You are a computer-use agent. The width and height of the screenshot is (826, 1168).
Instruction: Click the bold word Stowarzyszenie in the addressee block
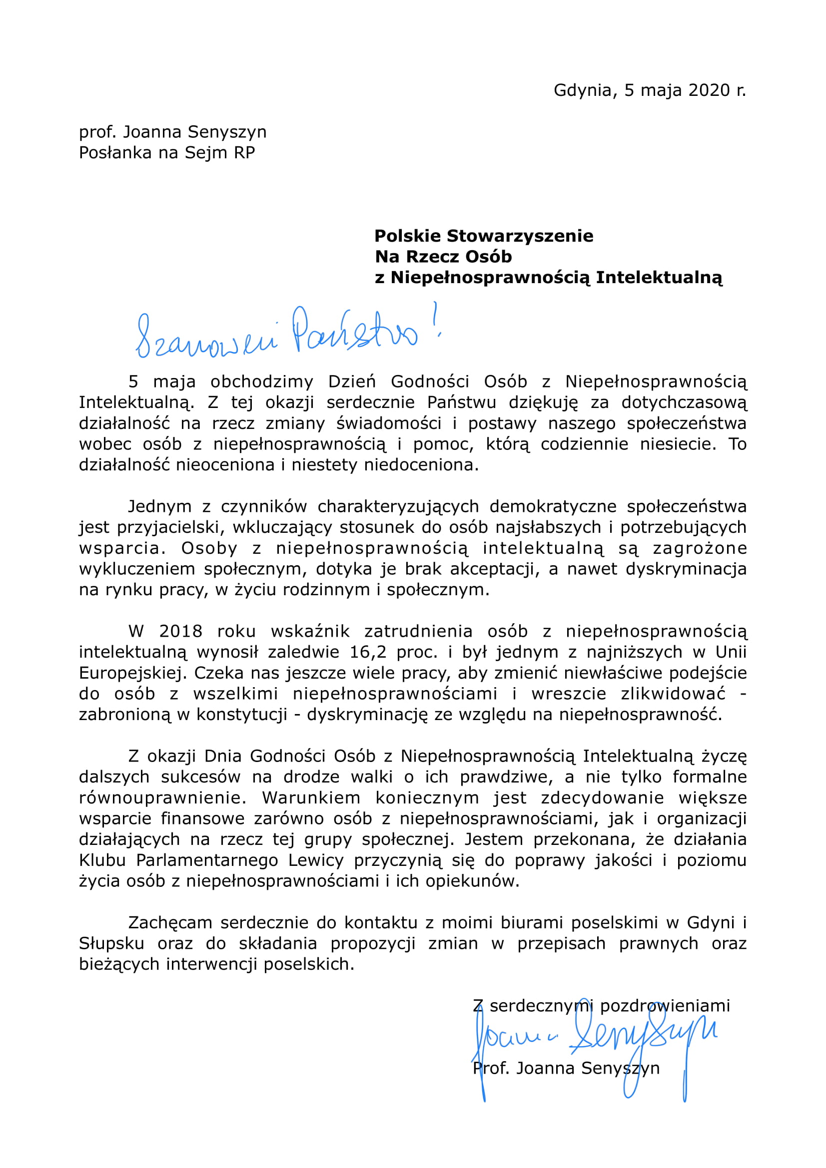(x=520, y=236)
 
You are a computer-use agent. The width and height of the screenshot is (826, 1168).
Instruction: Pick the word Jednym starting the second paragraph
(x=159, y=507)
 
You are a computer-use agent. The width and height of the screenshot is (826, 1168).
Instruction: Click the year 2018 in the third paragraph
(x=181, y=631)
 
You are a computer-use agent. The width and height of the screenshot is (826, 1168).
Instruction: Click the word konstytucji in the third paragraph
(x=242, y=715)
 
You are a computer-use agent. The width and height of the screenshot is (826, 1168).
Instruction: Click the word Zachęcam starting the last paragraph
(x=170, y=923)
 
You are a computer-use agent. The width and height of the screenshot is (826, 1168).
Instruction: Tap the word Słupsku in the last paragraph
(x=111, y=944)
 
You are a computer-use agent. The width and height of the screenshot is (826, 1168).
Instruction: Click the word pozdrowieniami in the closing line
(x=665, y=1006)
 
